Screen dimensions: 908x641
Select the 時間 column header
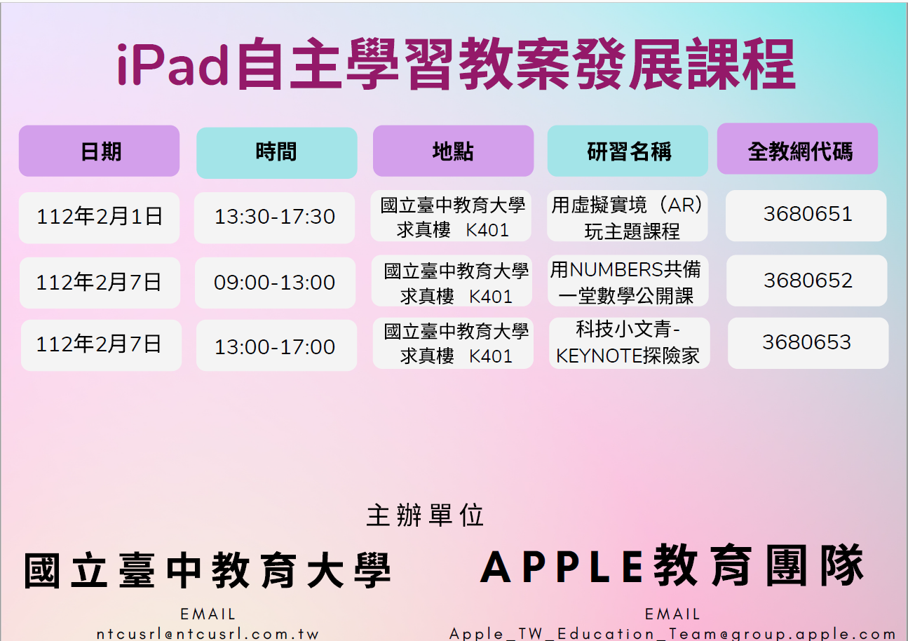click(x=276, y=153)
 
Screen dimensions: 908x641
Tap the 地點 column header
click(x=453, y=151)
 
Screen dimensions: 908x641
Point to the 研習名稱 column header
click(x=628, y=151)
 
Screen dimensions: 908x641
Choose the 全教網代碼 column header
click(x=797, y=149)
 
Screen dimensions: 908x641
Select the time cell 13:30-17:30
click(x=274, y=217)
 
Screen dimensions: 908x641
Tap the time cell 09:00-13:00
click(x=276, y=283)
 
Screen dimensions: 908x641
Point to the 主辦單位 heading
click(x=425, y=515)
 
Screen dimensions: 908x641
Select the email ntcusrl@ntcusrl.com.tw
click(x=208, y=634)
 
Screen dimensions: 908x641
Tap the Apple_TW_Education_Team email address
click(x=672, y=633)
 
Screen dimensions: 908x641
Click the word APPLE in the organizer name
click(x=562, y=567)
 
